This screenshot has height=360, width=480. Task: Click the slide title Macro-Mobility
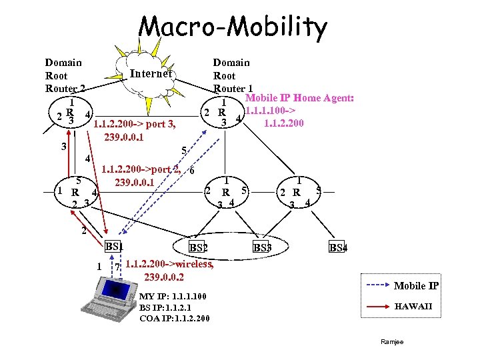[x=233, y=29]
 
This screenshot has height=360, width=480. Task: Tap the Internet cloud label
[x=151, y=74]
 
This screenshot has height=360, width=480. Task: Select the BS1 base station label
[x=115, y=247]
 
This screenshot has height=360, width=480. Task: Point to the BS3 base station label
[x=262, y=248]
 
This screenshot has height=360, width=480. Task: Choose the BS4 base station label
[x=338, y=248]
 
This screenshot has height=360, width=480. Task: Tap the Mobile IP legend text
[x=416, y=286]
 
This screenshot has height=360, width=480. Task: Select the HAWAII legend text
[x=413, y=307]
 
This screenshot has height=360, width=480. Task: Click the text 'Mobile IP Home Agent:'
[x=300, y=98]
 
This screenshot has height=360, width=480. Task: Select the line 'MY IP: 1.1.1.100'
[x=173, y=296]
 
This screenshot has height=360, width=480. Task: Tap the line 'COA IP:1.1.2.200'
[x=175, y=318]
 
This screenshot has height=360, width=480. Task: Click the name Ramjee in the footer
[x=392, y=342]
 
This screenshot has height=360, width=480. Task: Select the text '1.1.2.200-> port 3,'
[x=135, y=124]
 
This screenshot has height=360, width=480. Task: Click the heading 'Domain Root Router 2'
[x=64, y=75]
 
